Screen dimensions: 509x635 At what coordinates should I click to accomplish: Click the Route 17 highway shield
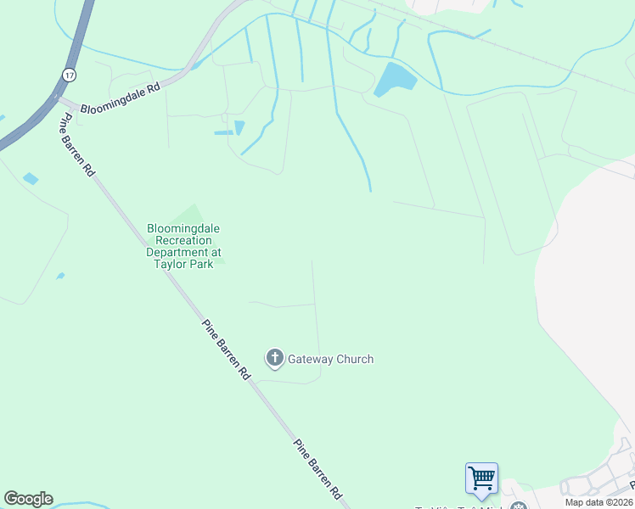click(x=67, y=75)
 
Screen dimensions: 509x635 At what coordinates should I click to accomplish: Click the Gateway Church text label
click(x=330, y=359)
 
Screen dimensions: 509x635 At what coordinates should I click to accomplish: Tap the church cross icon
click(x=274, y=359)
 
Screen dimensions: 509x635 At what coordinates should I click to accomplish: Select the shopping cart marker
click(x=481, y=478)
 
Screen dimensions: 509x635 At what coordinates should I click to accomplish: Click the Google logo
click(x=28, y=499)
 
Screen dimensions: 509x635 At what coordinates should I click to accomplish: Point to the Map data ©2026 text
click(x=598, y=502)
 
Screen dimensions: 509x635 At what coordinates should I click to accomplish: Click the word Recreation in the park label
click(x=184, y=240)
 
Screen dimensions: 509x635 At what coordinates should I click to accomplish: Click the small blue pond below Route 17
click(x=31, y=178)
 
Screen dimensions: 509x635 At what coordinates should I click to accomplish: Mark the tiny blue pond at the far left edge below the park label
click(x=60, y=276)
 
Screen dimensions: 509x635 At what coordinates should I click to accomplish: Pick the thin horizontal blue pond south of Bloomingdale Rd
click(x=223, y=133)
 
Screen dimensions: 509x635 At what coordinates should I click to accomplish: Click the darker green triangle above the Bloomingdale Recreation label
click(x=194, y=215)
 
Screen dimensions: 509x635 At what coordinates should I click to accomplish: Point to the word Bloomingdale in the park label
click(x=184, y=228)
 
